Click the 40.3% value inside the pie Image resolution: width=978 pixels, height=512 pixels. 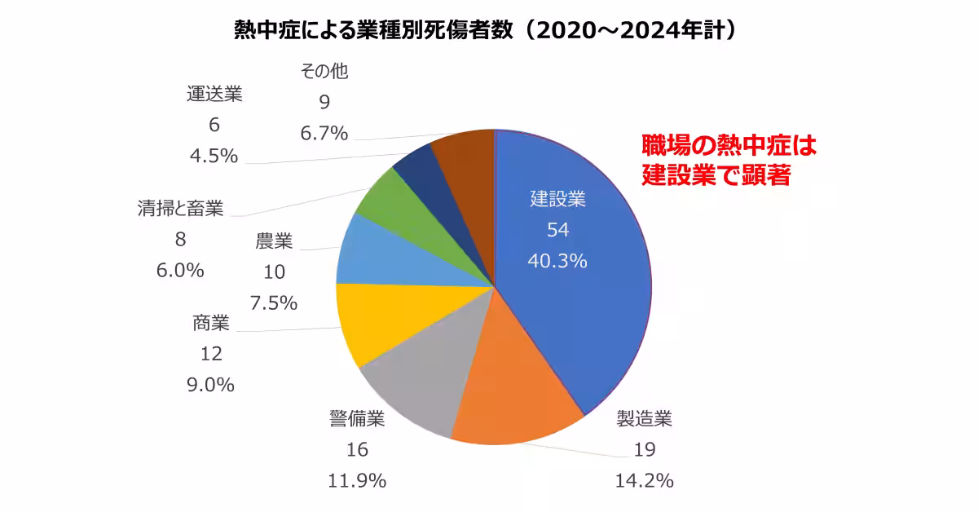coord(557,262)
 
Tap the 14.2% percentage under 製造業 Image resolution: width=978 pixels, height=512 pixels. coord(644,481)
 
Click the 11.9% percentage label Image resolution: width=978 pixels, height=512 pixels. coord(356,481)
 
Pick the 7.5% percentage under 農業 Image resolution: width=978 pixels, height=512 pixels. coord(274,303)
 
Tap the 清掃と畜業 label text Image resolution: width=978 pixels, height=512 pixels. coord(180,209)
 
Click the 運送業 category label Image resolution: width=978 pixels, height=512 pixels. coord(214,94)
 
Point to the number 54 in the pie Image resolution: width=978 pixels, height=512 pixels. coord(557,230)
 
